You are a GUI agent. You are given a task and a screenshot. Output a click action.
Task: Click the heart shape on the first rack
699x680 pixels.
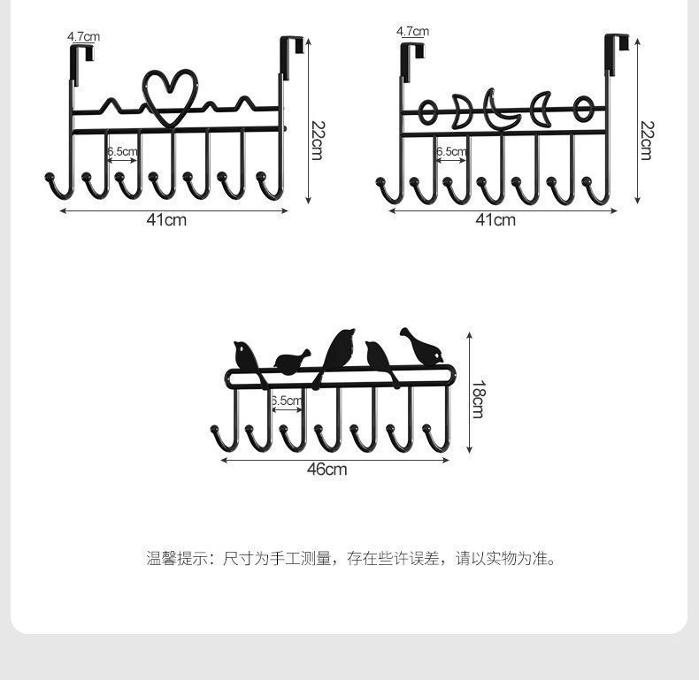pyautogui.click(x=171, y=97)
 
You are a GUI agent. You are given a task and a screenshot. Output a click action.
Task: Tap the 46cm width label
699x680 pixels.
pyautogui.click(x=326, y=470)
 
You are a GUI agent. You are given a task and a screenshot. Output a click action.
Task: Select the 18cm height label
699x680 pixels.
pyautogui.click(x=478, y=399)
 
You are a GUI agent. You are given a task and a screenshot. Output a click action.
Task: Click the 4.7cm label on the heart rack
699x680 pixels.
pyautogui.click(x=83, y=36)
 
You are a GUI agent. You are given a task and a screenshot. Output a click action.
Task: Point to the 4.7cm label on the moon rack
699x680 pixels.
pyautogui.click(x=412, y=32)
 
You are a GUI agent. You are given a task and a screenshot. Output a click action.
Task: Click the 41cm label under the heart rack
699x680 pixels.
pyautogui.click(x=166, y=219)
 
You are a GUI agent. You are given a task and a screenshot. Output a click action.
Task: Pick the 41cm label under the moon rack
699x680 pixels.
pyautogui.click(x=495, y=219)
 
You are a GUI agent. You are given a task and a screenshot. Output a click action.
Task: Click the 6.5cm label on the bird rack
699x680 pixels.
pyautogui.click(x=286, y=401)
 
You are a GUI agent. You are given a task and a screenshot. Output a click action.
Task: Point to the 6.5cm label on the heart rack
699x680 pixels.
pyautogui.click(x=122, y=151)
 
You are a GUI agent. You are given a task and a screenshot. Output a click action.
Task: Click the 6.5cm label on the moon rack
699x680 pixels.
pyautogui.click(x=450, y=151)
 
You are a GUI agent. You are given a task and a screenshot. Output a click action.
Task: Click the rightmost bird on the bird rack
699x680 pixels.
pyautogui.click(x=422, y=345)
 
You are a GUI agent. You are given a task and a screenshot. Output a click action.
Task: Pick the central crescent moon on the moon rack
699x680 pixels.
pyautogui.click(x=500, y=113)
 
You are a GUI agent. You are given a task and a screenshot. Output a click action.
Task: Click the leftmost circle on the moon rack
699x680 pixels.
pyautogui.click(x=427, y=112)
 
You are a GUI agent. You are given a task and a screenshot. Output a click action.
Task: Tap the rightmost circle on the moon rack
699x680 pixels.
pyautogui.click(x=582, y=110)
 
